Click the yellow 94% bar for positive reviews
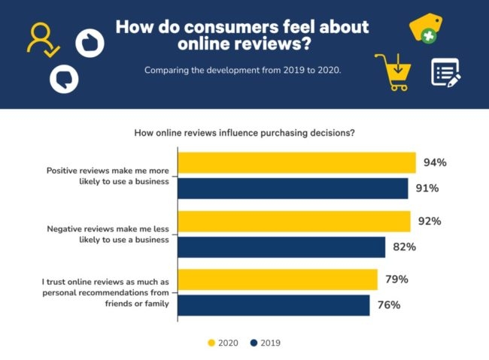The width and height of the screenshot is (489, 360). pos(296,163)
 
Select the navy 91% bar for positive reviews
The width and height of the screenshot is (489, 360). pos(293,189)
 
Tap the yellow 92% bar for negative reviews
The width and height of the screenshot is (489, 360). pos(294,222)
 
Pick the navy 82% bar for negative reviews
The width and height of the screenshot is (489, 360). pos(281,247)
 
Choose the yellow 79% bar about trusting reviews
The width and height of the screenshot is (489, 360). pos(278,280)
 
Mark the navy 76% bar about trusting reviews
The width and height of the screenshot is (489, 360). pos(274,305)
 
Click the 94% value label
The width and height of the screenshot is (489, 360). pos(436,162)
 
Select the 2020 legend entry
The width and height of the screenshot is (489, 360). pos(223,343)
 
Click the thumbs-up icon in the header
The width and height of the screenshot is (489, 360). pos(90,41)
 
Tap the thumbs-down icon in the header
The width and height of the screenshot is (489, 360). pos(64,77)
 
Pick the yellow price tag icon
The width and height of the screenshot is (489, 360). pos(425,28)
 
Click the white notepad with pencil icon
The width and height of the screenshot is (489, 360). pos(445,72)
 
